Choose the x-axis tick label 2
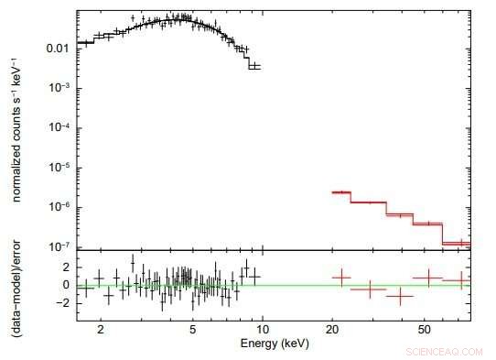click(101, 327)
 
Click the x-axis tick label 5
click(192, 327)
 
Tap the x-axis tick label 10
click(262, 327)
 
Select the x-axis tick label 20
click(331, 327)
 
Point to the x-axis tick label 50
click(423, 327)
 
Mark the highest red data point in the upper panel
click(340, 192)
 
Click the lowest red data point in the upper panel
click(462, 244)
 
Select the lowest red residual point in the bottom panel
click(399, 296)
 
